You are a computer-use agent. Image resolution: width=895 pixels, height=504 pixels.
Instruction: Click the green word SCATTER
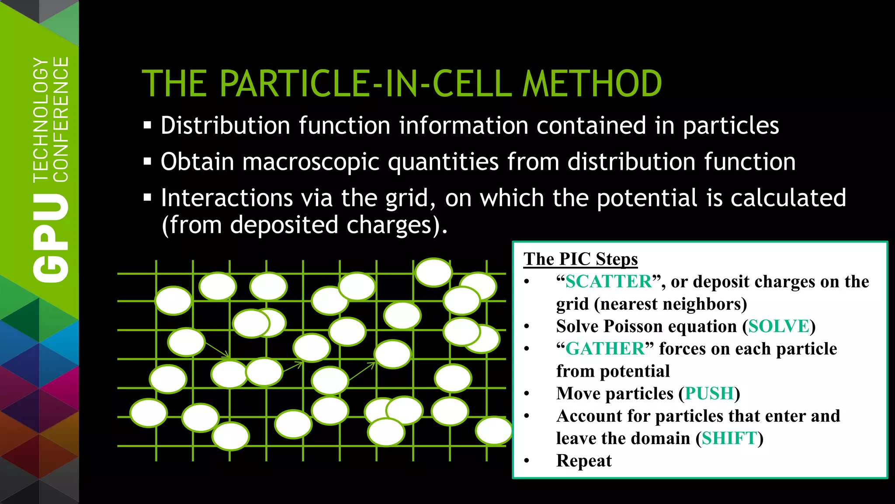point(608,281)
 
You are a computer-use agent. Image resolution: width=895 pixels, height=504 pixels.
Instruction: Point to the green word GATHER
point(605,349)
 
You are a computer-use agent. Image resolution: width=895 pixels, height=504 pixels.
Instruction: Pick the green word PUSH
point(709,393)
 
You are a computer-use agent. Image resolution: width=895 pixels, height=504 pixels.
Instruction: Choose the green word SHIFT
point(729,438)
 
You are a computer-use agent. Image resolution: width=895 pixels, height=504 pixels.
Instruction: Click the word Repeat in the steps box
point(584,461)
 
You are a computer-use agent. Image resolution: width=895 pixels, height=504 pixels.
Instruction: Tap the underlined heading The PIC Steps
point(580,259)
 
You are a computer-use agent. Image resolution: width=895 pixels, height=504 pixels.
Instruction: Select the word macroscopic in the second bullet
point(311,162)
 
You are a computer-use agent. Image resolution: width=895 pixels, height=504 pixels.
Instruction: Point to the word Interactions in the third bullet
point(227,198)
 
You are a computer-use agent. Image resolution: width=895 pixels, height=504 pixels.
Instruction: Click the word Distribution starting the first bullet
point(225,126)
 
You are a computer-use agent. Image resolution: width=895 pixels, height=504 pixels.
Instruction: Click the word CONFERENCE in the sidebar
point(61,119)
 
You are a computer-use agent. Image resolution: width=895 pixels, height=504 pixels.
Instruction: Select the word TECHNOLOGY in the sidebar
point(41,119)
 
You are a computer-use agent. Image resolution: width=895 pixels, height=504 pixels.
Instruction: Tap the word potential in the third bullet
point(647,198)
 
